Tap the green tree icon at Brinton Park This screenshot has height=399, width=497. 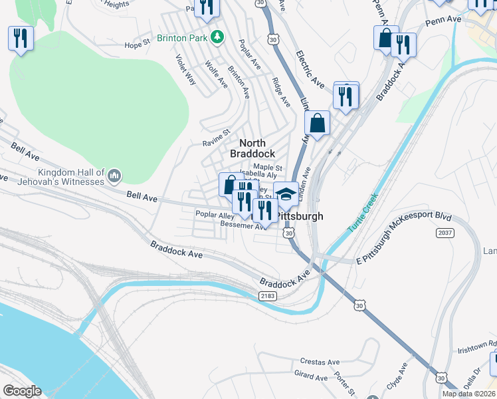point(216,37)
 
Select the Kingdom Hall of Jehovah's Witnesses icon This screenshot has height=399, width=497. point(114,176)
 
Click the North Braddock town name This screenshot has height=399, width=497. point(252,148)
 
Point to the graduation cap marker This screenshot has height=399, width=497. point(286,195)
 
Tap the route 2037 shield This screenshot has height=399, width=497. point(445,233)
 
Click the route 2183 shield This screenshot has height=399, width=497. point(267,295)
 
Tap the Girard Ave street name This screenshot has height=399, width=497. point(311,376)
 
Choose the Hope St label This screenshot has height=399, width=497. point(138,45)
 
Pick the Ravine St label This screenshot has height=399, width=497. point(216,142)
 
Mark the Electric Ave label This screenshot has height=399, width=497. point(310,69)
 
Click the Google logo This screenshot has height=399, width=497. point(23,391)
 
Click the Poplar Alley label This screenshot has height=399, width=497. point(215,215)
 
